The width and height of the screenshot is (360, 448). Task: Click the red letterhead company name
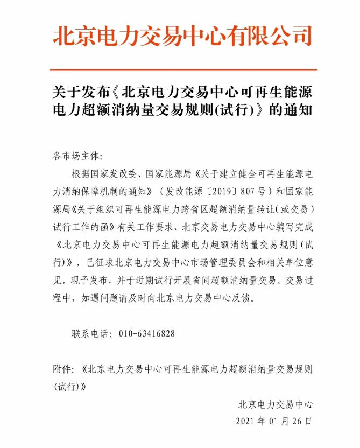[x=182, y=37]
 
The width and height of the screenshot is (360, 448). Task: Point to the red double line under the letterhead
[x=182, y=70]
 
